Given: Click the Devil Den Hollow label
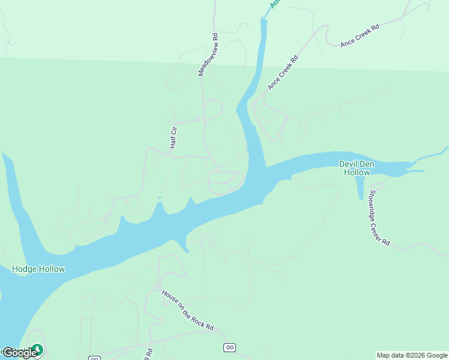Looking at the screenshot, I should coord(357,167).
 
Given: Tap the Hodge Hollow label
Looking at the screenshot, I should coord(38,269).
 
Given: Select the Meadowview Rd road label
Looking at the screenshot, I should coord(208,55).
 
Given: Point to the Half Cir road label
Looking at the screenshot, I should coord(173,137).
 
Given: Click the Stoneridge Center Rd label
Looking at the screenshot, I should coord(379,218).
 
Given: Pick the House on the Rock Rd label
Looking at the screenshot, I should coord(187,310).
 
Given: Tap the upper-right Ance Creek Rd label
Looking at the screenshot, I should coord(360,35).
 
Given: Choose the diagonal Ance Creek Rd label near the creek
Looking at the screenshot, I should coord(283,73).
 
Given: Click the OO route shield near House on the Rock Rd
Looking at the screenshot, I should coord(229,347).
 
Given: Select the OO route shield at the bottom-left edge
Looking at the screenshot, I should coord(94,358).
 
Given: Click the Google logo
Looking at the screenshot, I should coord(19,353).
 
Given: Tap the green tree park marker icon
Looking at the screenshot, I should coord(37,349).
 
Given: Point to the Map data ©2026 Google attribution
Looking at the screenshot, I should coord(412,355).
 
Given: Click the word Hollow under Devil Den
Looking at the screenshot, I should coord(357,172).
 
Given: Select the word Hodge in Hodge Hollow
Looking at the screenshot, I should coord(25,269).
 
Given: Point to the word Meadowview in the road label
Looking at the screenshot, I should coord(206,61).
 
